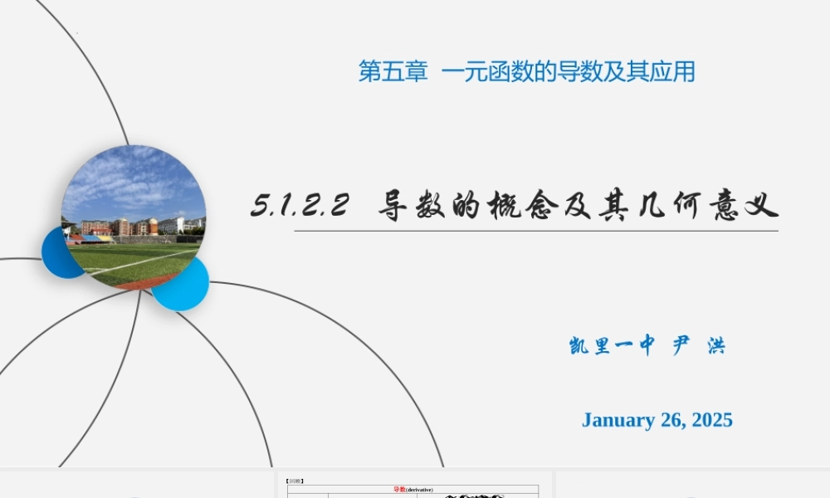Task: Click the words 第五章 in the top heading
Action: [393, 72]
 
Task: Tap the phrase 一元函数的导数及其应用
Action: [568, 72]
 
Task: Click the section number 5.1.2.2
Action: [299, 205]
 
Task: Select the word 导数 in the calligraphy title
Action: [412, 205]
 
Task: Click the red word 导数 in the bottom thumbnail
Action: [399, 490]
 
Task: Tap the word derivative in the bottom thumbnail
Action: [420, 490]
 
